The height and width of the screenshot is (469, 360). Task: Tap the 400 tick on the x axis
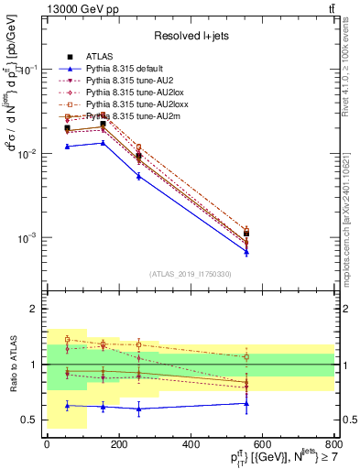190,445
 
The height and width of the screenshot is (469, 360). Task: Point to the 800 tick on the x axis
333,445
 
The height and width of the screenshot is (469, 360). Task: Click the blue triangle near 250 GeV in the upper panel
138,175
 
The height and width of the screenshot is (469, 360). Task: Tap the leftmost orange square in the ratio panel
67,339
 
